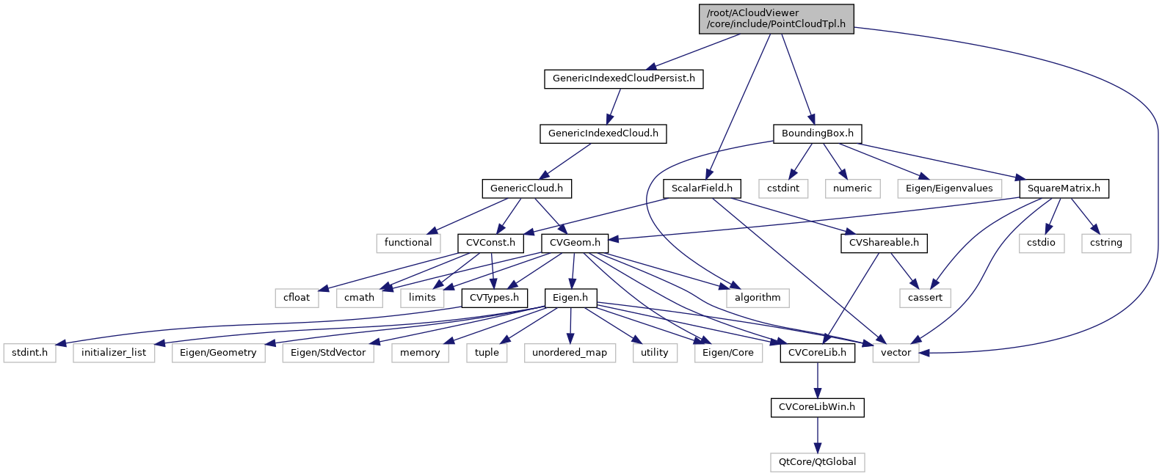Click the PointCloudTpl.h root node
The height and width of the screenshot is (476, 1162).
[776, 18]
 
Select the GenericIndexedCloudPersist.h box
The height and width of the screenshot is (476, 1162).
[623, 78]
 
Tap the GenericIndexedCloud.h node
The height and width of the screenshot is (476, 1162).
[603, 133]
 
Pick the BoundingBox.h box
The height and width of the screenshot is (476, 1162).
[817, 133]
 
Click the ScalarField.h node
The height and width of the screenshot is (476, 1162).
[702, 188]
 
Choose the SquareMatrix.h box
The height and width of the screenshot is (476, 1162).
[1064, 188]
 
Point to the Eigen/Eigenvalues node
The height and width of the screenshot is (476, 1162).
[948, 188]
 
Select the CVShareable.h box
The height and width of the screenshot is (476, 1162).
[884, 243]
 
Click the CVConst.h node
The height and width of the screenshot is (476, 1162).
[490, 243]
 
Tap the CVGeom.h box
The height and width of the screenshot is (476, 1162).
[575, 243]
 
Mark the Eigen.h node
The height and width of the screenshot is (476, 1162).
[570, 298]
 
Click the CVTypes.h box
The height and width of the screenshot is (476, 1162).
[494, 298]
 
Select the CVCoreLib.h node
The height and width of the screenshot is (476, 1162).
[817, 353]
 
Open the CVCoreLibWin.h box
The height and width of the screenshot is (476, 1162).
[817, 407]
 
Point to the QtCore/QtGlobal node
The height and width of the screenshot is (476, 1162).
[817, 462]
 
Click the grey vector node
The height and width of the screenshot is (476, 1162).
[896, 353]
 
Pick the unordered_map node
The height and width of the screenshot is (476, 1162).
[570, 353]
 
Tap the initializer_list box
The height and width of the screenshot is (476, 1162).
[114, 353]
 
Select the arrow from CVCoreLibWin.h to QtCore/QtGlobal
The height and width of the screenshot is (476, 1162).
[817, 434]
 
